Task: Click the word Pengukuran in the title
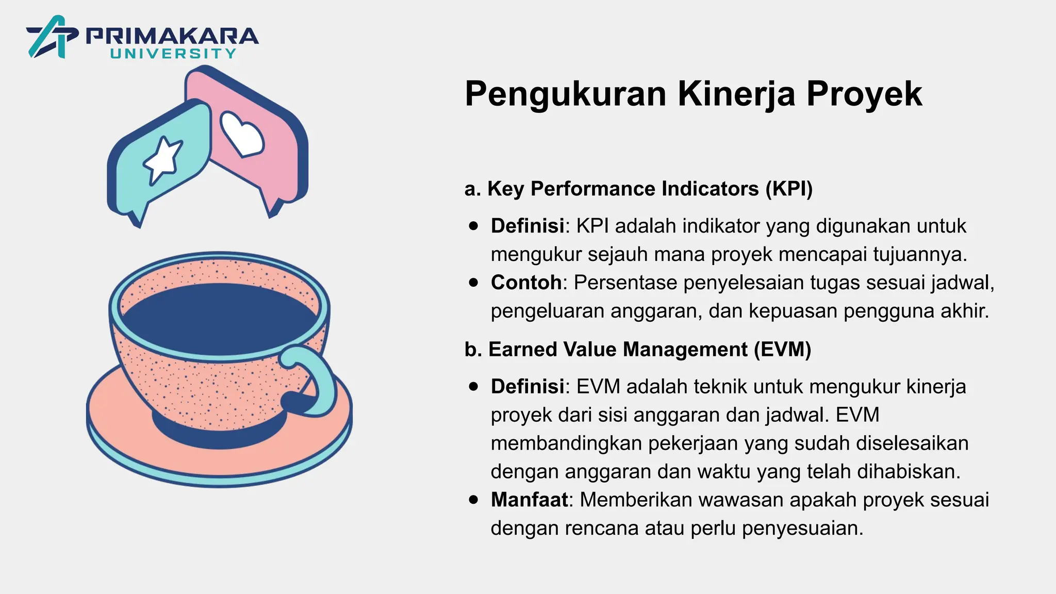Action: coord(566,94)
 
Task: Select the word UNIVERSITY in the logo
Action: coord(173,54)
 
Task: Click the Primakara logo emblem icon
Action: coord(52,37)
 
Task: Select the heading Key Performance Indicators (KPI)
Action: coord(638,189)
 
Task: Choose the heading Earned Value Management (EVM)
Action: coord(638,350)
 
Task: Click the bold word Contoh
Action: coord(526,283)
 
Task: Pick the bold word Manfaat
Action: coord(529,500)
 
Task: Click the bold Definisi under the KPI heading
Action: coord(527,226)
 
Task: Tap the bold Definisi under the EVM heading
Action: coord(527,386)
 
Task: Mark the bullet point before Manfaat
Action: coord(474,500)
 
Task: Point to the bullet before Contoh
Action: coord(474,283)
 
